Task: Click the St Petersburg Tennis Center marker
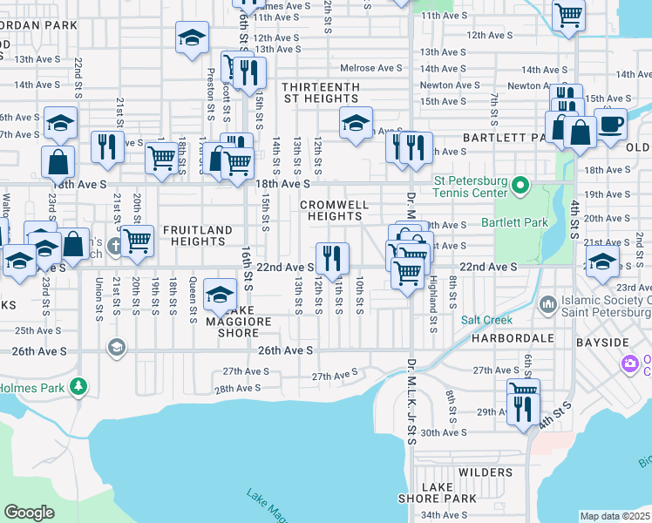tap(520, 186)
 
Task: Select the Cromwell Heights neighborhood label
tap(336, 210)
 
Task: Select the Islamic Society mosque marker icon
tap(547, 304)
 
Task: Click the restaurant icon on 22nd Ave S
tap(332, 257)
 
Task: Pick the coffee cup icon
tap(610, 123)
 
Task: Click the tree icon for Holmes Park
tap(78, 384)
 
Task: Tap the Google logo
tap(29, 513)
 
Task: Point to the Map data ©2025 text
tap(615, 516)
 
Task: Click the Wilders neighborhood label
tap(485, 472)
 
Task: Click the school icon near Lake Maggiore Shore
tap(221, 294)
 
